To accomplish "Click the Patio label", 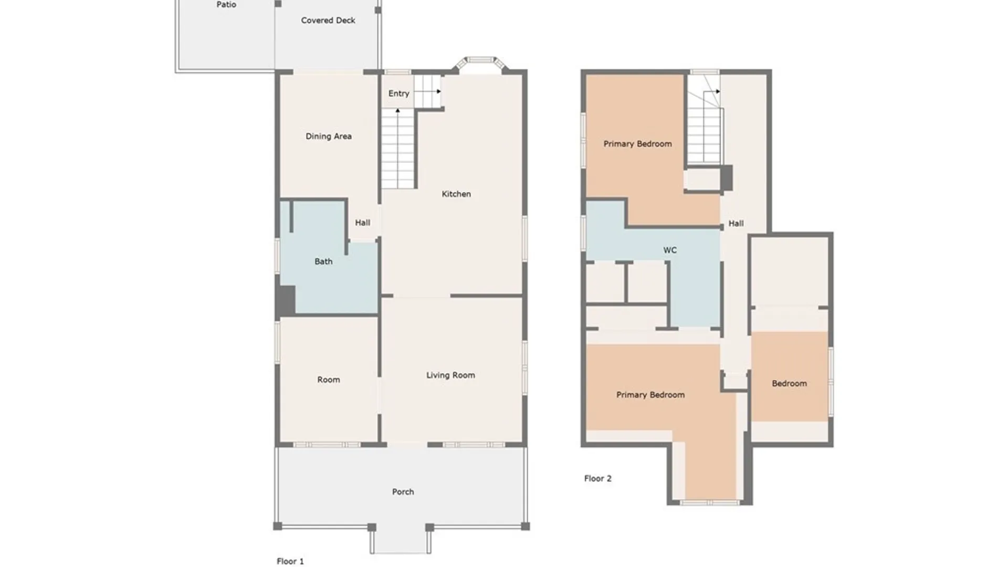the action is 226,5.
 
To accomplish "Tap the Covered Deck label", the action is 328,20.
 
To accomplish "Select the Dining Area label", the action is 329,136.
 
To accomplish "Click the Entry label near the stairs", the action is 398,93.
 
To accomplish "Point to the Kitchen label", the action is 456,194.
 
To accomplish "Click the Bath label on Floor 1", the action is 323,261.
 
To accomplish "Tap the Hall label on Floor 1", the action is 362,223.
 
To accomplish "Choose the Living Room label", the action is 450,375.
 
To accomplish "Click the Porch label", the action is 403,492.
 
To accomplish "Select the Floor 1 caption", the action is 290,561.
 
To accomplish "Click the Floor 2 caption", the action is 598,478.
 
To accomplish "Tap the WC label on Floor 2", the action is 670,250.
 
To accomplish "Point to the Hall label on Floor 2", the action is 736,224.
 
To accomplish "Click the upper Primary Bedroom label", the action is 637,144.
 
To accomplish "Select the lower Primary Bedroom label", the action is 650,395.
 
